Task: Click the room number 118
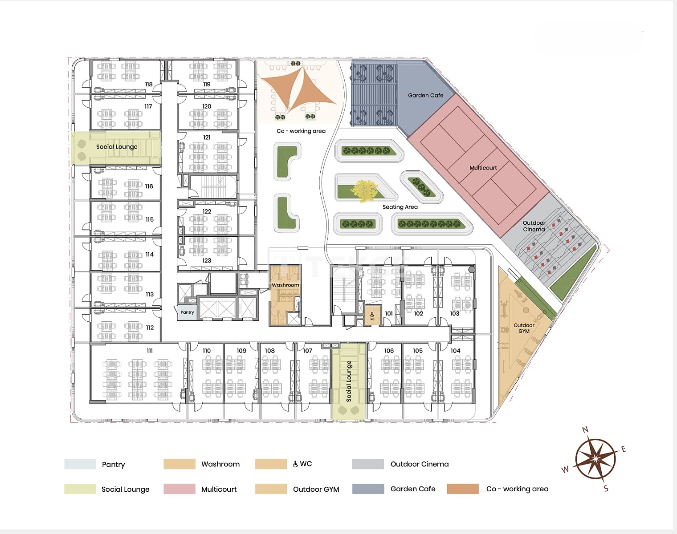(x=149, y=84)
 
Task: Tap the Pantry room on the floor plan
(x=187, y=312)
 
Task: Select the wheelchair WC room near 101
(x=372, y=316)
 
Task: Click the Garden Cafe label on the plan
(x=426, y=95)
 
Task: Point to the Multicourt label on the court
(x=483, y=168)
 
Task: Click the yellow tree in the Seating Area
(x=364, y=191)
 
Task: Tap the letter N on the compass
(x=585, y=430)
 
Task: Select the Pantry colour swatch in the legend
(x=80, y=464)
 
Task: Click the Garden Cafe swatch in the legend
(x=368, y=489)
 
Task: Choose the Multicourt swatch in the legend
(x=179, y=489)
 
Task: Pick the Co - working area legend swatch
(x=463, y=489)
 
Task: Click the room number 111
(x=150, y=351)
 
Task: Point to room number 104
(x=455, y=351)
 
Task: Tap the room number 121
(x=207, y=138)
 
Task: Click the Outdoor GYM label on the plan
(x=524, y=328)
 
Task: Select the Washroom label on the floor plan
(x=285, y=285)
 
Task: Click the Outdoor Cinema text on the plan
(x=534, y=226)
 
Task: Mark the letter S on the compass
(x=606, y=489)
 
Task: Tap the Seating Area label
(x=400, y=207)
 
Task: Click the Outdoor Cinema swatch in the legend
(x=368, y=464)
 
